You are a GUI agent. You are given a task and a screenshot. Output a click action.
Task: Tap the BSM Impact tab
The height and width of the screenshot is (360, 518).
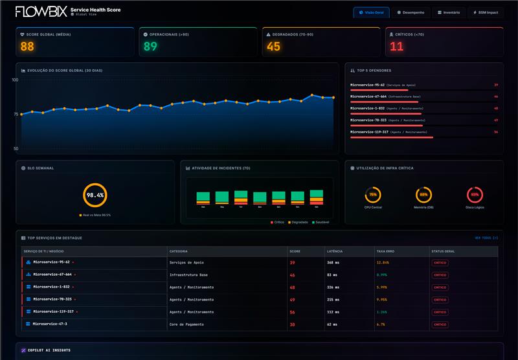(x=485, y=12)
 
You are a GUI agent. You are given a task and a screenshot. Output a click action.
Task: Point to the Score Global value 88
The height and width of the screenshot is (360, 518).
(x=27, y=47)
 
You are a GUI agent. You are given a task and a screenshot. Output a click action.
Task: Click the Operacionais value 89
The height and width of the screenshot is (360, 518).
(x=150, y=47)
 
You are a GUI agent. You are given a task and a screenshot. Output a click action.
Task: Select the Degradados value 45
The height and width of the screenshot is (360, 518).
(x=273, y=47)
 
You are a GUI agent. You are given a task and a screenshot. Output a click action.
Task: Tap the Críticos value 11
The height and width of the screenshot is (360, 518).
(x=396, y=47)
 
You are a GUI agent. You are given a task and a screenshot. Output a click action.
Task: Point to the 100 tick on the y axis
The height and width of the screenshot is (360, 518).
(x=14, y=80)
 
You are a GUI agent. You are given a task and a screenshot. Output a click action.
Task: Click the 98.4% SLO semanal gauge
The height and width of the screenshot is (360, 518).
(x=95, y=195)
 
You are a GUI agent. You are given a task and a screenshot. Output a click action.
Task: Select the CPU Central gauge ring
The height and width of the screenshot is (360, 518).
(x=373, y=194)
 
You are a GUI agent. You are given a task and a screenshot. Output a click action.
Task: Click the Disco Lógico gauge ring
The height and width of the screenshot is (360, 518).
(x=475, y=194)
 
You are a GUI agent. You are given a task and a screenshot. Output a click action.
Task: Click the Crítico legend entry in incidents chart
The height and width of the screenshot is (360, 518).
(x=277, y=222)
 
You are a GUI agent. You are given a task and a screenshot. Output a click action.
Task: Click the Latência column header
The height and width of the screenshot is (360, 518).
(x=335, y=251)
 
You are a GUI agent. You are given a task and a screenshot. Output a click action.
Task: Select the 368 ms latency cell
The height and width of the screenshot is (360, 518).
(x=333, y=262)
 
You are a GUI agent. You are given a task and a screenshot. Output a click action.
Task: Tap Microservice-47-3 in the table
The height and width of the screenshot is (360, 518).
(x=49, y=324)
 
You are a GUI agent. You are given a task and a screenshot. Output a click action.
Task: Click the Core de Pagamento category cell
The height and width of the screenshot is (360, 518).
(x=186, y=324)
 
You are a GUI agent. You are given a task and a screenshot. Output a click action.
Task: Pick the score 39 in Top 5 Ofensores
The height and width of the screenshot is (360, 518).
(x=495, y=85)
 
